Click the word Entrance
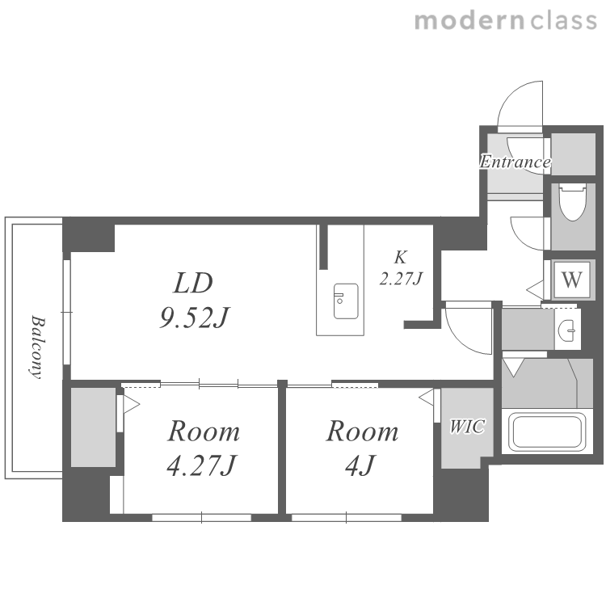[x=516, y=162]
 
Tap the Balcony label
[x=38, y=347]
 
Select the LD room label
[x=193, y=283]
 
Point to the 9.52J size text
[x=195, y=318]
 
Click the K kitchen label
[x=401, y=258]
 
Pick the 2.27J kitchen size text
[x=401, y=279]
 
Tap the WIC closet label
[x=467, y=427]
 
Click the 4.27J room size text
[x=201, y=465]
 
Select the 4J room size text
[x=360, y=465]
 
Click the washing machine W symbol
[x=572, y=280]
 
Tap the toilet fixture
[x=573, y=202]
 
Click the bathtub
[x=547, y=432]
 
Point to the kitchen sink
[x=346, y=301]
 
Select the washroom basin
[x=567, y=330]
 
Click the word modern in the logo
[x=470, y=21]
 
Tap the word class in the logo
[x=563, y=21]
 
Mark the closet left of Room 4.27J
[x=93, y=427]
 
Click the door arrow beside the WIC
[x=426, y=398]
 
